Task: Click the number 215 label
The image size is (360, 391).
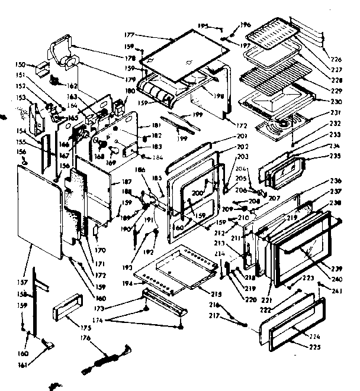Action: (x=216, y=294)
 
